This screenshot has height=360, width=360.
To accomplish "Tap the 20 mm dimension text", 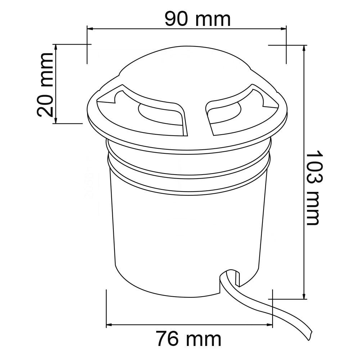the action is point(45,85).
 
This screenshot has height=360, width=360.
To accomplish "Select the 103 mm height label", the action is point(315,188).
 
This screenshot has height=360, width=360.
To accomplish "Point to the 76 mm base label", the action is point(189,338).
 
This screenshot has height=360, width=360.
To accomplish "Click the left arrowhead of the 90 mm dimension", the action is point(90,29).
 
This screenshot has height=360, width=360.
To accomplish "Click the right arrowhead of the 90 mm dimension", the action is point(283,29).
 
